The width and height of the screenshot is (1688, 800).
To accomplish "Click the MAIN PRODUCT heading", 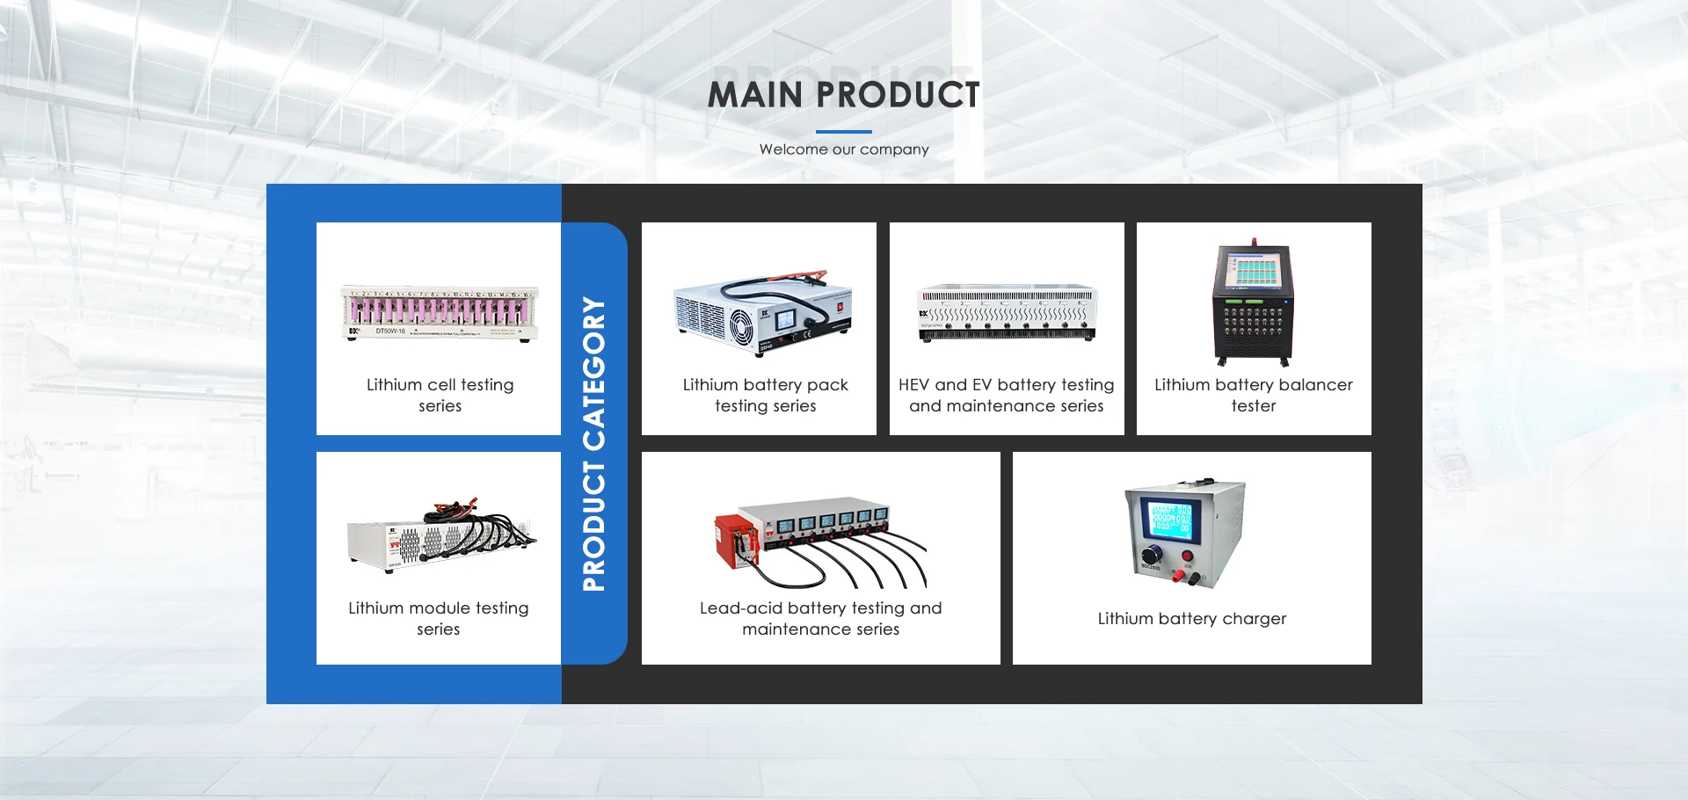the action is (844, 95).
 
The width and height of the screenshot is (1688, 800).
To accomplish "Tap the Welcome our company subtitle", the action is (844, 149).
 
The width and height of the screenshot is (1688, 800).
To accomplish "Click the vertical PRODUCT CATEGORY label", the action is (594, 444).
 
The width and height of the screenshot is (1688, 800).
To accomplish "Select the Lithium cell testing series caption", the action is (440, 395).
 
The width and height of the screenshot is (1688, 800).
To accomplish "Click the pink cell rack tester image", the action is (440, 313).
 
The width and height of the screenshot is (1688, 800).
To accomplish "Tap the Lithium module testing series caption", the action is (439, 618).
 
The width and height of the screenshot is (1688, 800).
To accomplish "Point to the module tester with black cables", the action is (441, 536).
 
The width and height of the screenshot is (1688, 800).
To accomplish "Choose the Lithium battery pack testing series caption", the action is (766, 395).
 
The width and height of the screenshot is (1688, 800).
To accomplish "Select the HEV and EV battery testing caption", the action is (1007, 395).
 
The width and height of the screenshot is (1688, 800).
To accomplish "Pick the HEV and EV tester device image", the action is (1007, 312).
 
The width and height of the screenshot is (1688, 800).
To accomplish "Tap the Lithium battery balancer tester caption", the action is (1254, 395).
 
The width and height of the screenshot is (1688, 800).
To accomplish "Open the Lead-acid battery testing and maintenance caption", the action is (821, 618).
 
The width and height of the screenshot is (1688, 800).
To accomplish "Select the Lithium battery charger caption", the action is (1192, 618).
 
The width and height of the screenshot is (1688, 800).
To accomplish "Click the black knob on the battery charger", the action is (1151, 555).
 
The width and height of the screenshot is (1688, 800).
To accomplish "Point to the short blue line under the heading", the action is (844, 131).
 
